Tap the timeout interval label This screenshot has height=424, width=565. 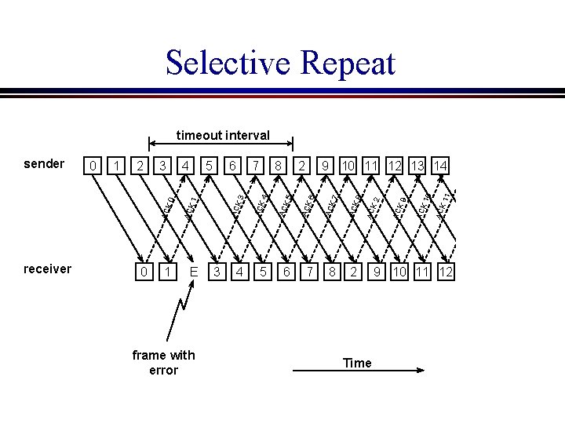[223, 135]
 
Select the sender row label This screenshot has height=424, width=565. [44, 163]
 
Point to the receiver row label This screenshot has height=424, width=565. [47, 269]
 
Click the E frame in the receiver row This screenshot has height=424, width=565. [193, 272]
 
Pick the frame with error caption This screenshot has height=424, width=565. [163, 363]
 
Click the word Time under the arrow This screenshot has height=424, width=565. [357, 363]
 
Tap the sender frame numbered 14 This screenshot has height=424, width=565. [440, 166]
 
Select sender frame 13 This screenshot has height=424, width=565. [417, 166]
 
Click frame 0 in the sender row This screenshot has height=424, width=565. [93, 166]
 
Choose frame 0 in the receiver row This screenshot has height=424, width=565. [142, 272]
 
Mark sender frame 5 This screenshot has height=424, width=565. [210, 166]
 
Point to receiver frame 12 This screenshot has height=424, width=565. [446, 272]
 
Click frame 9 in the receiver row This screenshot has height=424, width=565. [377, 272]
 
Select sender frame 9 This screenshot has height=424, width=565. [325, 166]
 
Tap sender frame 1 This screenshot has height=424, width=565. [116, 166]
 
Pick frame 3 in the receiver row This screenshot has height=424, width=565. [217, 272]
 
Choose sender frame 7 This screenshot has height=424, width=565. [256, 166]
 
